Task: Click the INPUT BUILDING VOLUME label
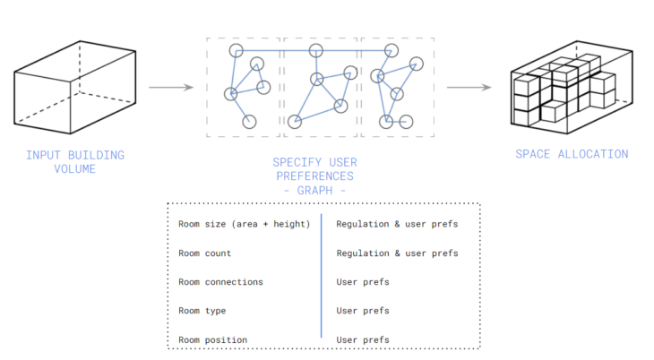click(75, 161)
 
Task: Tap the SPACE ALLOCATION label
click(572, 154)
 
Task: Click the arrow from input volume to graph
click(170, 88)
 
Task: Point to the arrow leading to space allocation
click(469, 88)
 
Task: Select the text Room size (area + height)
click(244, 224)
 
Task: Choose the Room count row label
click(204, 253)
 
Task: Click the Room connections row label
click(220, 282)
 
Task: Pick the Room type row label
click(202, 311)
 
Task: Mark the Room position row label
click(213, 340)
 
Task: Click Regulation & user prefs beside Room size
click(397, 224)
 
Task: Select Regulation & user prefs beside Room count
click(397, 253)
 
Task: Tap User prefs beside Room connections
click(363, 282)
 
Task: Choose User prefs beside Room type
click(363, 311)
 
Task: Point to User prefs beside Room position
click(363, 340)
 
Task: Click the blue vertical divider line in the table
click(321, 278)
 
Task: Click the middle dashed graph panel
click(320, 87)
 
